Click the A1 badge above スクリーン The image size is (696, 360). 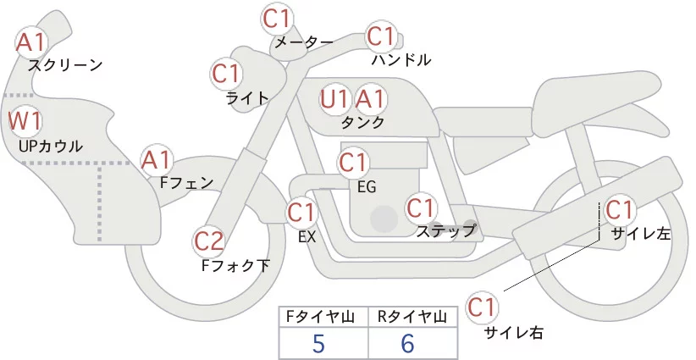tap(32, 41)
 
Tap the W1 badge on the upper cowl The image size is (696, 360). tap(25, 119)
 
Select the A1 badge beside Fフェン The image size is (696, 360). tap(157, 158)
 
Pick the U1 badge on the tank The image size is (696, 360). tap(334, 99)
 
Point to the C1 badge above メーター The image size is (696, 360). tap(279, 17)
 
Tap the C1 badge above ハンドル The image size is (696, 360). tap(381, 36)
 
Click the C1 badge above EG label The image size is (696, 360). tap(353, 161)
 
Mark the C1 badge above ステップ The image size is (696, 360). tap(421, 207)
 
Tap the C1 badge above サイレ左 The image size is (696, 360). tap(620, 208)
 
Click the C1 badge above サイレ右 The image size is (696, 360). tap(483, 306)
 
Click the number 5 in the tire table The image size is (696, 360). tap(318, 343)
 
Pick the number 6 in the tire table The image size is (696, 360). tap(408, 343)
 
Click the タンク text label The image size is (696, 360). tap(362, 122)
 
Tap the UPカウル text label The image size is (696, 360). tap(51, 146)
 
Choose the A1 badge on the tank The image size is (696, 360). tap(369, 99)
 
